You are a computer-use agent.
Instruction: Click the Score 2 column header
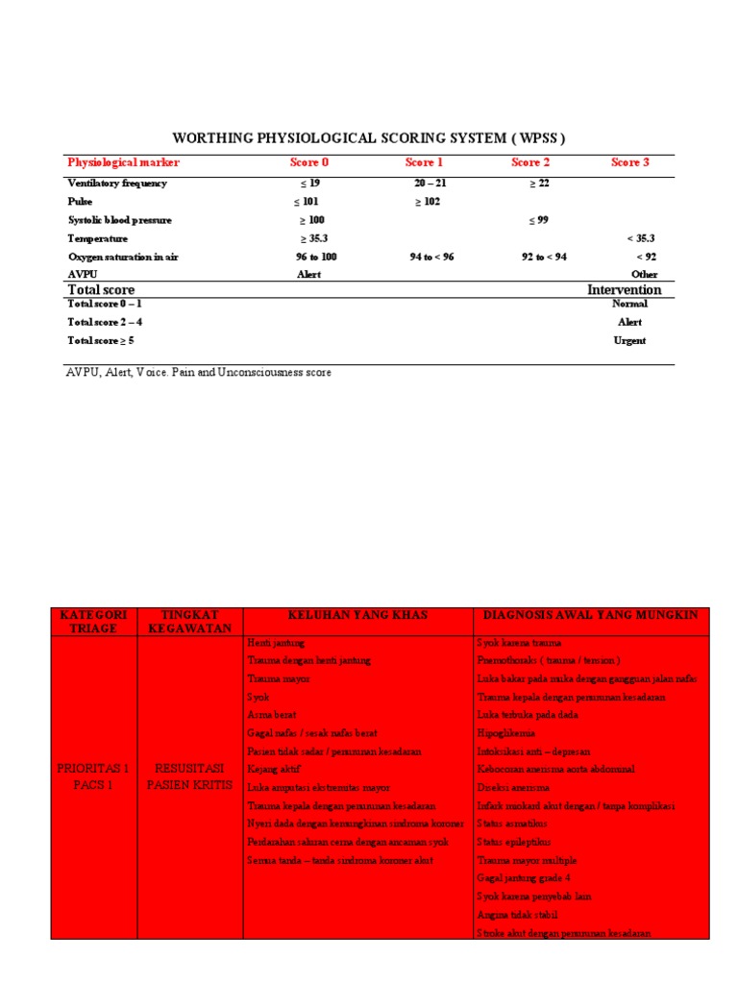[x=531, y=162]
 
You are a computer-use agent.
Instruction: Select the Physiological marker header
[x=123, y=162]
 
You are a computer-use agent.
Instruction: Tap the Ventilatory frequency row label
[x=116, y=183]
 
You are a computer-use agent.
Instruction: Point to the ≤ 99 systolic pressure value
[x=538, y=220]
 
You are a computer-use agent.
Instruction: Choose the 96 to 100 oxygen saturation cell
[x=316, y=257]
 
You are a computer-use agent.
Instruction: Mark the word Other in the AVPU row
[x=645, y=274]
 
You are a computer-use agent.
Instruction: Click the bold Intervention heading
[x=624, y=289]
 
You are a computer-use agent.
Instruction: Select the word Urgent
[x=629, y=340]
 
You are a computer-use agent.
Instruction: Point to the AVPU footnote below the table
[x=199, y=372]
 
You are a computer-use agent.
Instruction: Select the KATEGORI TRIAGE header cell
[x=93, y=622]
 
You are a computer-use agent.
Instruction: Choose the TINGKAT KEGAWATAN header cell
[x=190, y=622]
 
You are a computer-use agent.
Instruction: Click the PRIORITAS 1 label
[x=93, y=769]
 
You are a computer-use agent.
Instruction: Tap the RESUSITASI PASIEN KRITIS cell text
[x=190, y=776]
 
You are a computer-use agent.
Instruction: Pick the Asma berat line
[x=272, y=715]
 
